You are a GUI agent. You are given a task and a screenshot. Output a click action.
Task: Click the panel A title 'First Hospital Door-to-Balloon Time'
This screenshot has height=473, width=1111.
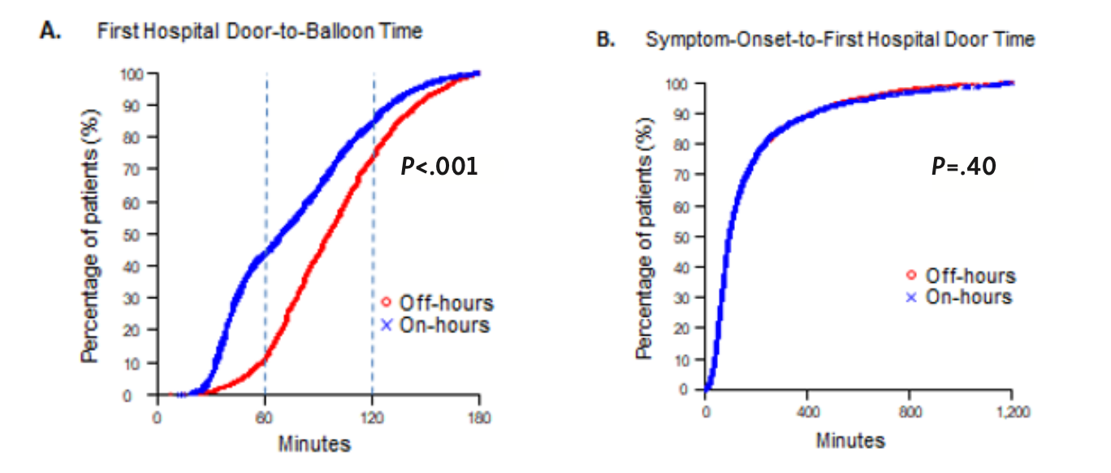click(x=260, y=32)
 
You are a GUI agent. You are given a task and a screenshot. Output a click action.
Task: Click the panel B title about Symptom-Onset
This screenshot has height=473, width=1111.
click(x=840, y=39)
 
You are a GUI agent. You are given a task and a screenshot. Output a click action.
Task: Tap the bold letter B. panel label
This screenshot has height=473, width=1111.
click(x=606, y=39)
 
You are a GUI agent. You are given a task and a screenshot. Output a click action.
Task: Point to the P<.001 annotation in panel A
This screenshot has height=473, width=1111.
click(x=439, y=167)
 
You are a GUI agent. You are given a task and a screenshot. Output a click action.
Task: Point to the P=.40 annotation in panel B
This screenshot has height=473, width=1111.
click(x=963, y=167)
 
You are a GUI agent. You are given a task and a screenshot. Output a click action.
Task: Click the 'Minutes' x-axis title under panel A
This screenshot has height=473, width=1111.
click(x=315, y=445)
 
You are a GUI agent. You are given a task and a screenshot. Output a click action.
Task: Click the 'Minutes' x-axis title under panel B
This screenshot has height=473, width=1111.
click(x=851, y=440)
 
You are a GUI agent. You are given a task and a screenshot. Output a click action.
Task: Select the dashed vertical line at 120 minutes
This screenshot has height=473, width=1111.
click(x=374, y=244)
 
